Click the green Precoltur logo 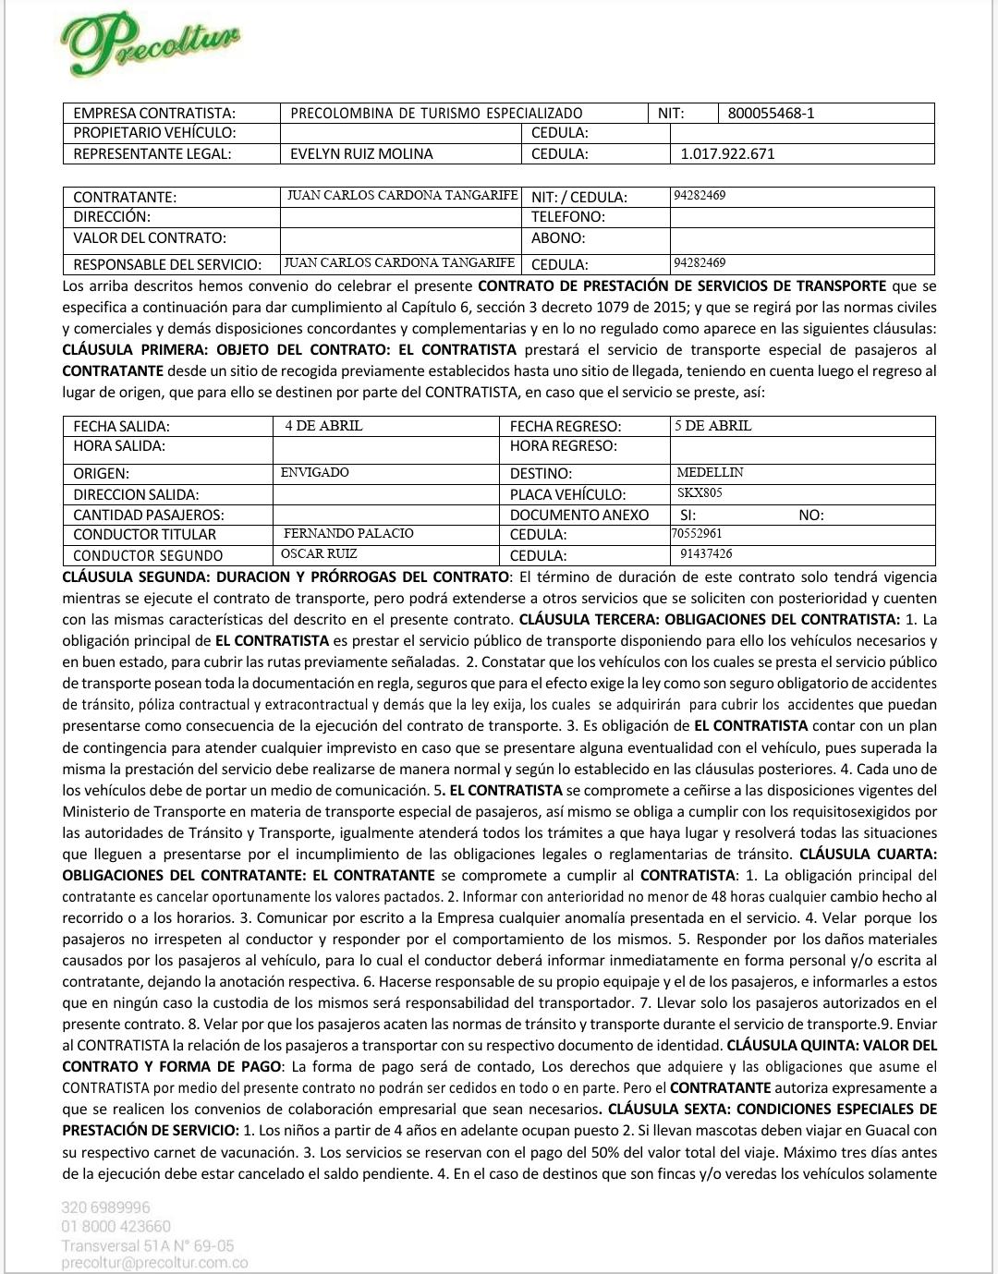tap(152, 42)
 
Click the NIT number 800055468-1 tap(771, 114)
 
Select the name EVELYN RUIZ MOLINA tap(361, 154)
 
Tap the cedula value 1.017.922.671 tap(727, 154)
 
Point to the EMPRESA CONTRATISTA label tap(154, 114)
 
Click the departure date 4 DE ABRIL tap(323, 426)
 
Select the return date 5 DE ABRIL tap(712, 426)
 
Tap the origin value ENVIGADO tap(315, 473)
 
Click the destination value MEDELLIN tap(710, 473)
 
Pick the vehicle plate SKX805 tap(700, 493)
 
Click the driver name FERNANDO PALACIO tap(348, 534)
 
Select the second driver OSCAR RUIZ tap(319, 554)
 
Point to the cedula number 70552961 tap(697, 534)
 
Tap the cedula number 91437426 tap(706, 554)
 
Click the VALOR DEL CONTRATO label tap(150, 238)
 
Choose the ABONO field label tap(558, 238)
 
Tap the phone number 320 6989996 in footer tap(106, 1207)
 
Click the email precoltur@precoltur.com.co tap(154, 1264)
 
